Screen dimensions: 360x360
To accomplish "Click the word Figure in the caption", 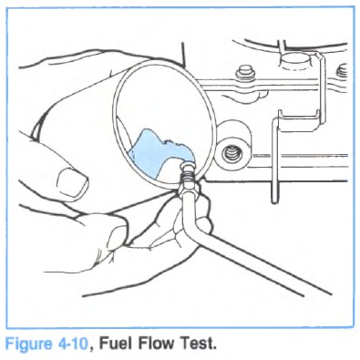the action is (x=29, y=345).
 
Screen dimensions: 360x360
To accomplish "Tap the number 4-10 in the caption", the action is (x=72, y=344).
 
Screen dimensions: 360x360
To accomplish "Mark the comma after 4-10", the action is (x=91, y=349).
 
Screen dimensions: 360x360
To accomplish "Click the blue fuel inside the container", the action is (x=153, y=153).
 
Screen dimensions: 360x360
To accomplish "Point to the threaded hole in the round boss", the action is (x=231, y=154).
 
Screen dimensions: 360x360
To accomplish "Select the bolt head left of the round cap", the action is (x=245, y=72).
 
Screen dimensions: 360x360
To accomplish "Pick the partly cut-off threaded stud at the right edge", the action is (x=342, y=72).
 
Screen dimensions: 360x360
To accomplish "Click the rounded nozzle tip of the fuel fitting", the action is (x=186, y=167).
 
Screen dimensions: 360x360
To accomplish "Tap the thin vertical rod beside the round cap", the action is (x=321, y=88).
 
